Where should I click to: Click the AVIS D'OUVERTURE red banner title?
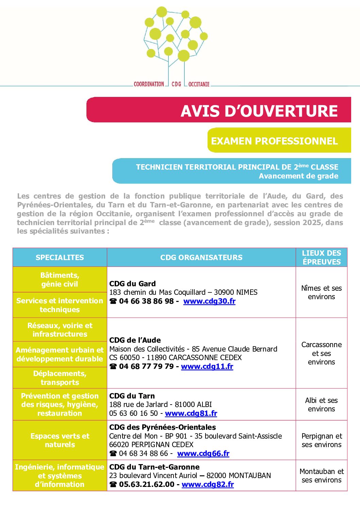coord(259,111)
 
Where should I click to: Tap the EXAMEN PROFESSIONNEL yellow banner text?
coord(274,141)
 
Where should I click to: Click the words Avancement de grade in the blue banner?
coord(298,176)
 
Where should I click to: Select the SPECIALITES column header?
coord(60,257)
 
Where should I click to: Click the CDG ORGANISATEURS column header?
coord(201,257)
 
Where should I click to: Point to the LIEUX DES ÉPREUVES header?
coord(322,257)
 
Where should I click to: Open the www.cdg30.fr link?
coord(209,301)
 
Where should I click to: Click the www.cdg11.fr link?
coord(207,367)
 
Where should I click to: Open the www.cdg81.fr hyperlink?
coord(191,413)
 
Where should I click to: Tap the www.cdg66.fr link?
coord(203,454)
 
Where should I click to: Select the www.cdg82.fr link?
coord(208,485)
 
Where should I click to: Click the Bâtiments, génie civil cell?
coord(60,279)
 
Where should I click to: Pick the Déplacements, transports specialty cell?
coord(60,378)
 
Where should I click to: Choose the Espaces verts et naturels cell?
coord(60,440)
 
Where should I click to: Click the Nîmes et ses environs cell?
coord(322,292)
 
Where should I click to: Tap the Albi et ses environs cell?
coord(322,405)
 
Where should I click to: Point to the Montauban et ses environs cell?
coord(322,476)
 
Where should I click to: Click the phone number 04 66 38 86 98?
coord(146,301)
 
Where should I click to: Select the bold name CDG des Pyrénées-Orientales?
coord(162,427)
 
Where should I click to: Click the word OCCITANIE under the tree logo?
coord(199,84)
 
